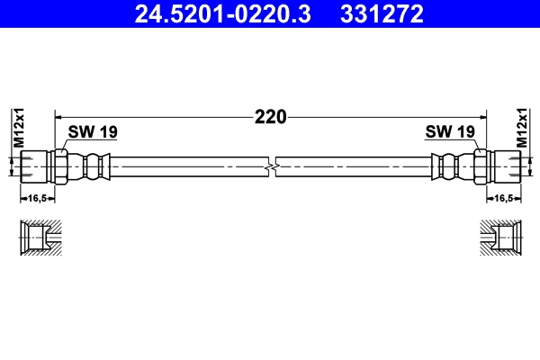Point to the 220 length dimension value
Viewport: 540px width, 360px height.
[x=270, y=116]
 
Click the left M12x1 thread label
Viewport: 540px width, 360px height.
[x=17, y=128]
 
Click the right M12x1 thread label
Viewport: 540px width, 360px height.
[x=523, y=128]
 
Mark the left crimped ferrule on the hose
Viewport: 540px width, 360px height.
[x=93, y=166]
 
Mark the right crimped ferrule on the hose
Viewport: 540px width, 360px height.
[x=448, y=166]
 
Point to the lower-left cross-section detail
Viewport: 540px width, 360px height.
[x=40, y=238]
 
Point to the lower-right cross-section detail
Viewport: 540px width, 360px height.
[x=499, y=238]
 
